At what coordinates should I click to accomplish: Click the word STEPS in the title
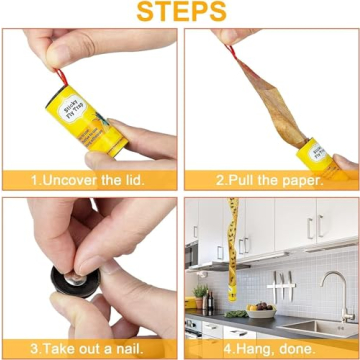179,12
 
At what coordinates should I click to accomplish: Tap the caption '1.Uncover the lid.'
88,181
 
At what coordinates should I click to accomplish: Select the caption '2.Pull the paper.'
270,181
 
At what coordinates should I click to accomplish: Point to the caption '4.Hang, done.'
270,349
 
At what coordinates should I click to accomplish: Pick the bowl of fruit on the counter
261,312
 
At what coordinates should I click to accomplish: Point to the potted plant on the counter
200,291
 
